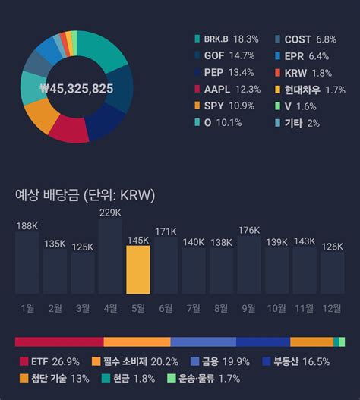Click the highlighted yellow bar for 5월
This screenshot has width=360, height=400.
tap(138, 269)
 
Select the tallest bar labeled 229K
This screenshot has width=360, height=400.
tap(110, 256)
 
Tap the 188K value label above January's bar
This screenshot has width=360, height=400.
tap(27, 226)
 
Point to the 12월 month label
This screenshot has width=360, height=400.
tap(332, 309)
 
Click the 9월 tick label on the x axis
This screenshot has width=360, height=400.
tap(249, 309)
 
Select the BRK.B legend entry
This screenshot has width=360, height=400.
tap(226, 39)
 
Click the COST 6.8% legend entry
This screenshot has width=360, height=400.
tap(305, 39)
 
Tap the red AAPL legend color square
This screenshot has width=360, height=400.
tap(197, 89)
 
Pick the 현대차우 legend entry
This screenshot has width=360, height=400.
tap(310, 90)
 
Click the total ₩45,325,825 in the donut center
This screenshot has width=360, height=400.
tap(77, 89)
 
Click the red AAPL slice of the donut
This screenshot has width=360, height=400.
tap(69, 130)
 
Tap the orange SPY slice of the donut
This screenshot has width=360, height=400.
tap(41, 115)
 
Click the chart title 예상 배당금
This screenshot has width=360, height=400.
tap(47, 195)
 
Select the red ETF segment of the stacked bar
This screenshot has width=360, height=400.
tap(59, 342)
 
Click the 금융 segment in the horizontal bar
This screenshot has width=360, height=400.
tap(204, 342)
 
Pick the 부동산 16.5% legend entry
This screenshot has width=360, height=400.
tap(296, 362)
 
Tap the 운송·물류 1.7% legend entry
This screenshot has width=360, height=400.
tap(204, 379)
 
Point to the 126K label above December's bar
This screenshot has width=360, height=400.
tap(332, 247)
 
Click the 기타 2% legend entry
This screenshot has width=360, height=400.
tap(297, 124)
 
